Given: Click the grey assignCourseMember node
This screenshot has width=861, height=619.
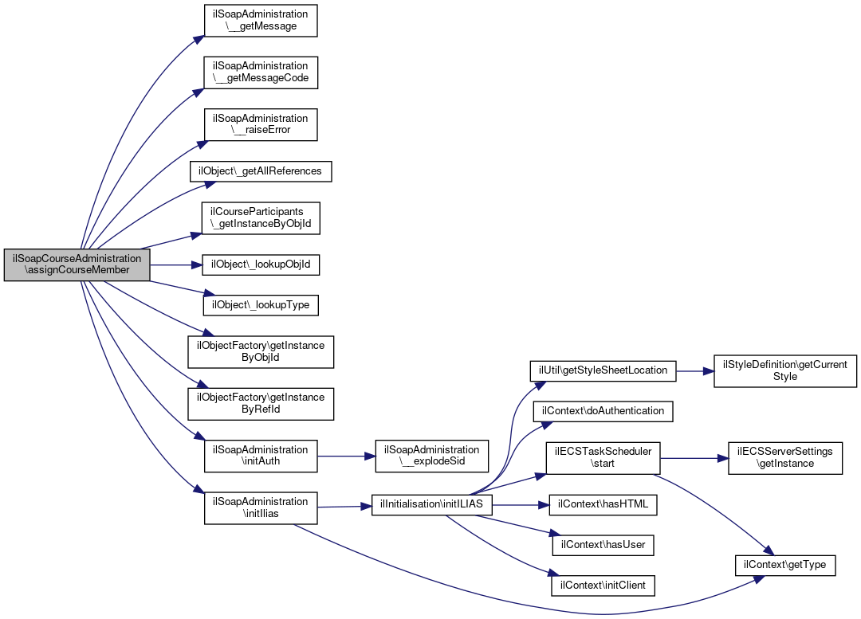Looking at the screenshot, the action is pyautogui.click(x=77, y=265).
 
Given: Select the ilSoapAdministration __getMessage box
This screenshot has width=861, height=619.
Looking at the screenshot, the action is pyautogui.click(x=261, y=21).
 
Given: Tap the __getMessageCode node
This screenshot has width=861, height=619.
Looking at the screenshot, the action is pyautogui.click(x=261, y=72).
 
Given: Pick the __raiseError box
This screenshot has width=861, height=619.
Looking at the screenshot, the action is pyautogui.click(x=261, y=124).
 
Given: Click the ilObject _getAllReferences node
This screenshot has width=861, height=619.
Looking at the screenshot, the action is pyautogui.click(x=261, y=171).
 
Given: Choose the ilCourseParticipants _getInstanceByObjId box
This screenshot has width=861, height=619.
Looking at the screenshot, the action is pyautogui.click(x=261, y=218).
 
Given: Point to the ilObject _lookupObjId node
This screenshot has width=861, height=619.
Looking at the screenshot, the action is pyautogui.click(x=261, y=265).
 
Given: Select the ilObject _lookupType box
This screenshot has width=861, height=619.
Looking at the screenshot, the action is pyautogui.click(x=261, y=306).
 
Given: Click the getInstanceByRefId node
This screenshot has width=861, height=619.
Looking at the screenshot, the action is pyautogui.click(x=261, y=404).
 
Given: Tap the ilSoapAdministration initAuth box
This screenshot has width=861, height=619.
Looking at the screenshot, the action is pyautogui.click(x=261, y=456).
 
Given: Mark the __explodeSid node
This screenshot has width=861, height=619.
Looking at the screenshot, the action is pyautogui.click(x=432, y=456).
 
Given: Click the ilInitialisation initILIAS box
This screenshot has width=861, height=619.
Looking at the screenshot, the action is pyautogui.click(x=432, y=505).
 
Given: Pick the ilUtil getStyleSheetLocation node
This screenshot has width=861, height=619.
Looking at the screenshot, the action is pyautogui.click(x=603, y=371).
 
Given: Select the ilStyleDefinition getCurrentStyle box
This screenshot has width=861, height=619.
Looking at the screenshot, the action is pyautogui.click(x=785, y=371).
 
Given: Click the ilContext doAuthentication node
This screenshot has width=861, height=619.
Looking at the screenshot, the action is pyautogui.click(x=603, y=412).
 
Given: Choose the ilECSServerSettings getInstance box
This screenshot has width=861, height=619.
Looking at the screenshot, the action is pyautogui.click(x=785, y=458).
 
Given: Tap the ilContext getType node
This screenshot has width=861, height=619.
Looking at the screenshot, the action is pyautogui.click(x=785, y=565).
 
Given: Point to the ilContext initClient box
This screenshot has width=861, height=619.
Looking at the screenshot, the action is pyautogui.click(x=603, y=586).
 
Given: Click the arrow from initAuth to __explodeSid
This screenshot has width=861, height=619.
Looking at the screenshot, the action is pyautogui.click(x=347, y=456).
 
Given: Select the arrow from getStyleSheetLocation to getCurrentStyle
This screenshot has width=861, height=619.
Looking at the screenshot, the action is pyautogui.click(x=695, y=371).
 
